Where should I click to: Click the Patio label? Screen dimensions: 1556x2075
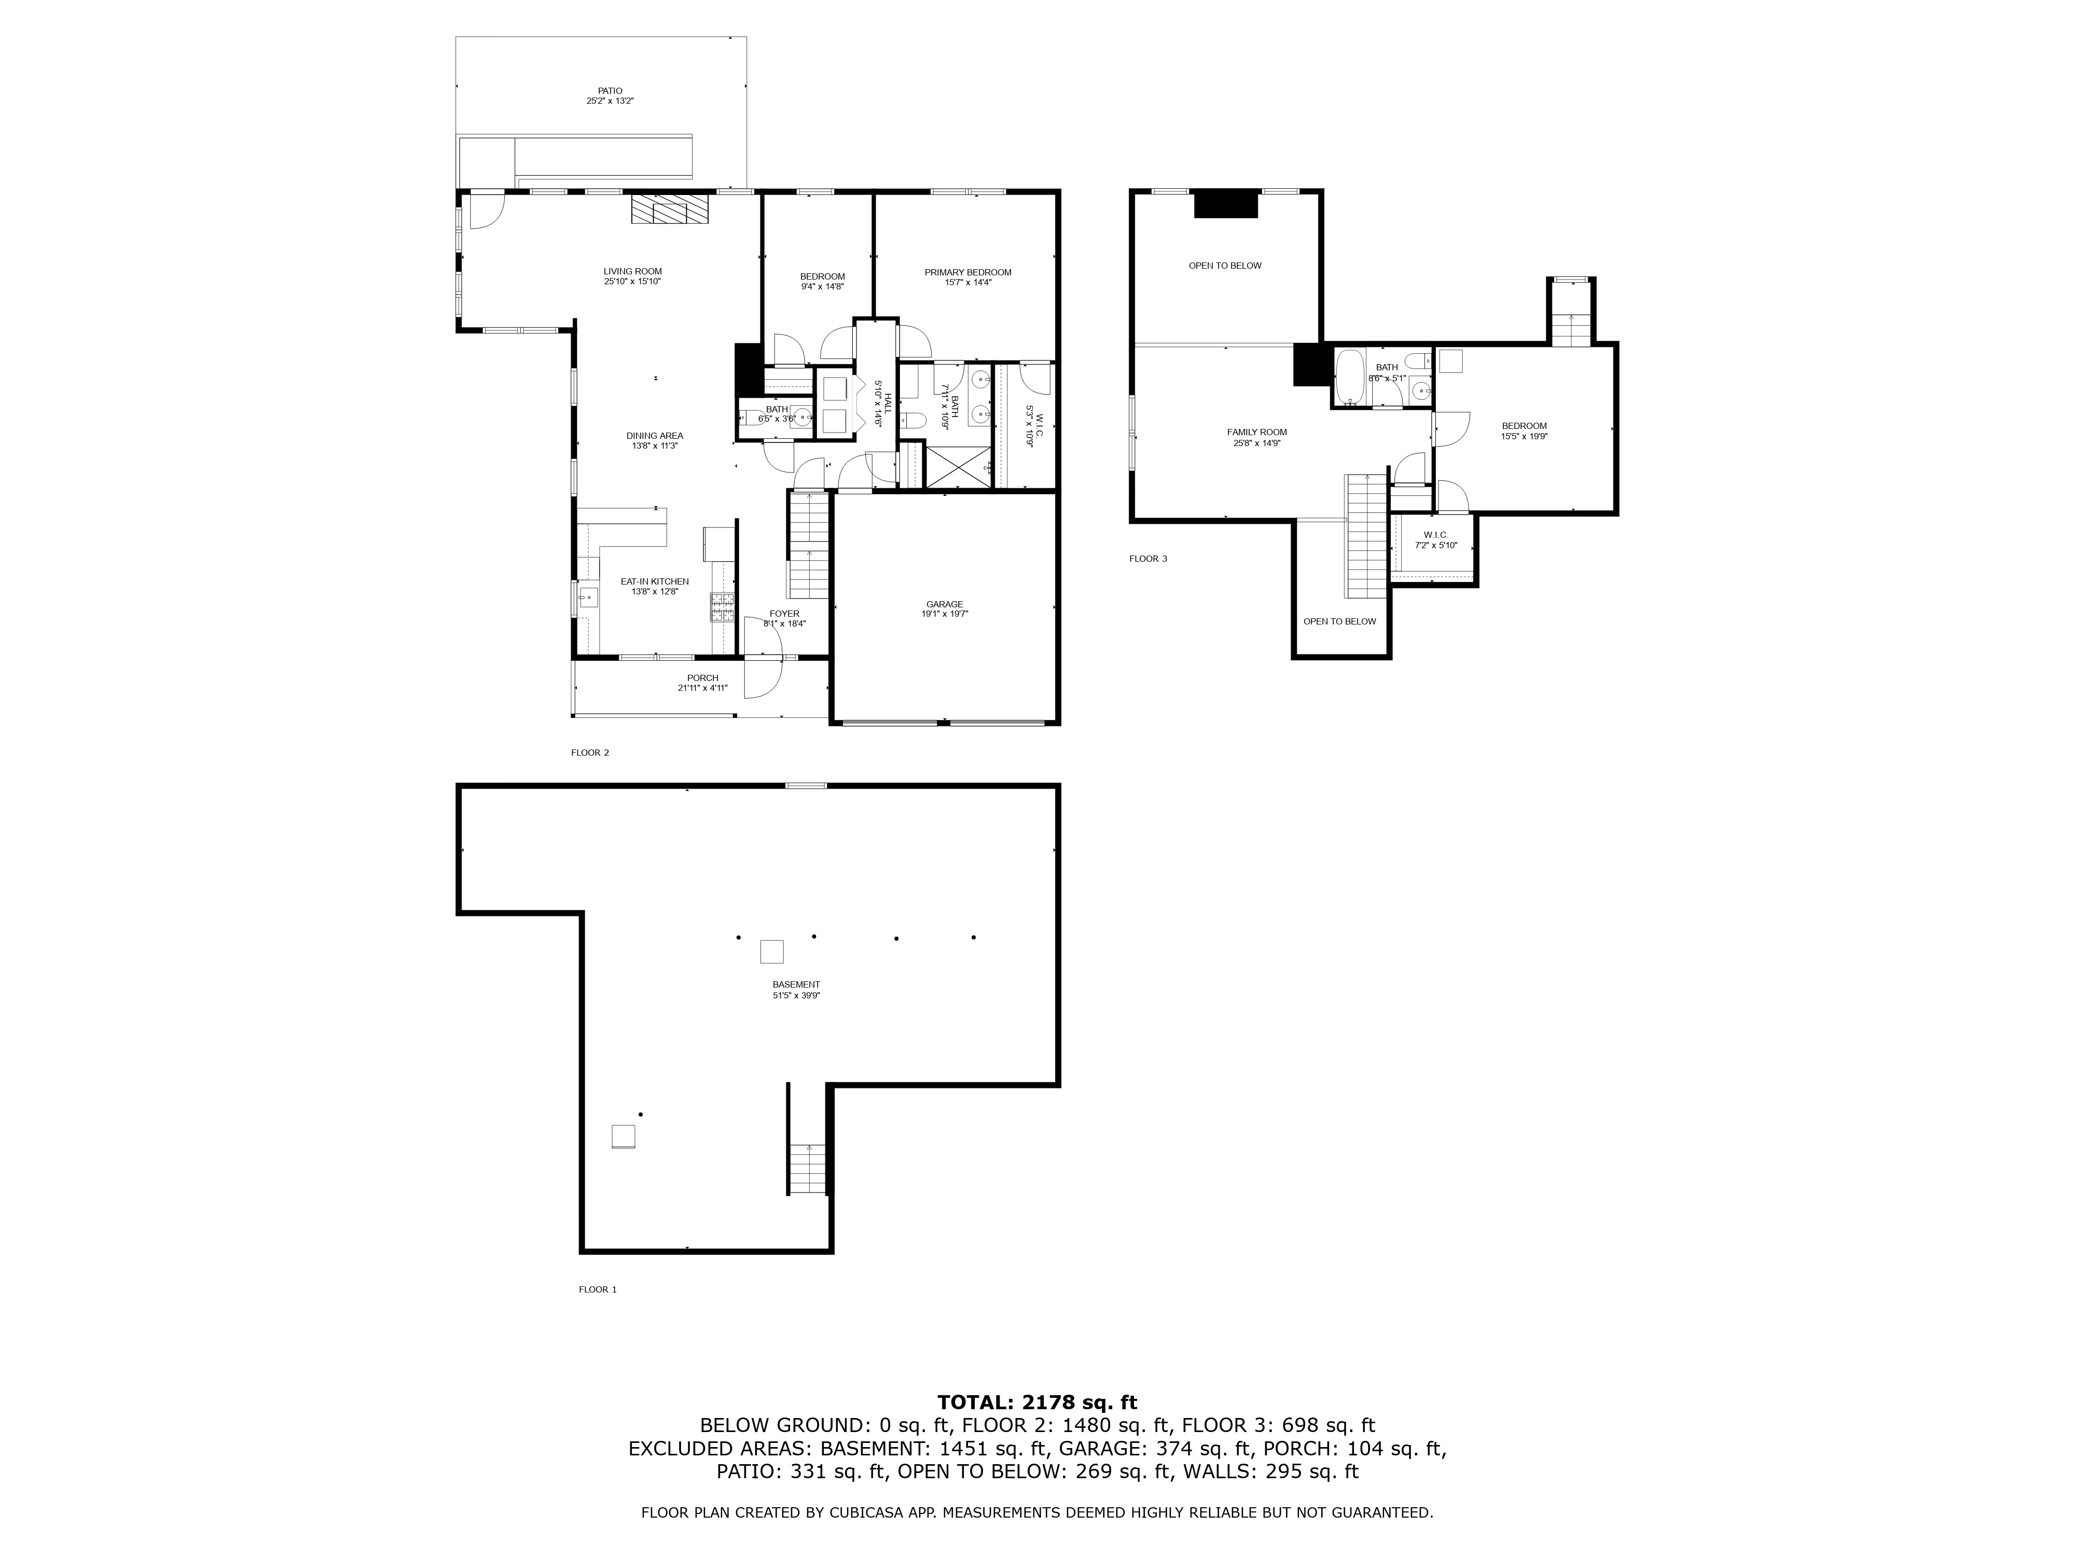[610, 91]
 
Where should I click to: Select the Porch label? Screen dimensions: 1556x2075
[702, 678]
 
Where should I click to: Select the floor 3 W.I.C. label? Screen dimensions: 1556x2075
[1435, 535]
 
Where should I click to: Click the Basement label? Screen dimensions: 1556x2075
[795, 985]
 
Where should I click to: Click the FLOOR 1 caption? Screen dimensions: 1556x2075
[598, 1289]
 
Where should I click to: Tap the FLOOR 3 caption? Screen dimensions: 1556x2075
[1147, 559]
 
